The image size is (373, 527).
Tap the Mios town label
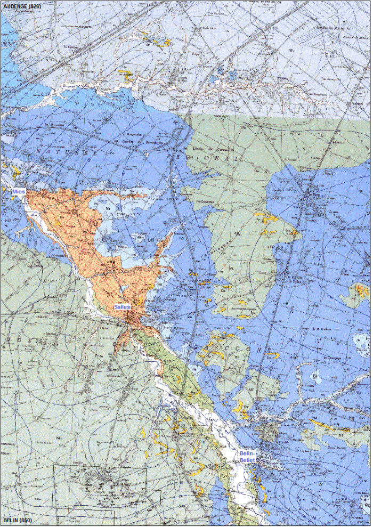pyautogui.click(x=18, y=192)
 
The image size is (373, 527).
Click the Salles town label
pyautogui.click(x=123, y=307)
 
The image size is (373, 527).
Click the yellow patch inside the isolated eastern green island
pyautogui.click(x=362, y=290)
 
